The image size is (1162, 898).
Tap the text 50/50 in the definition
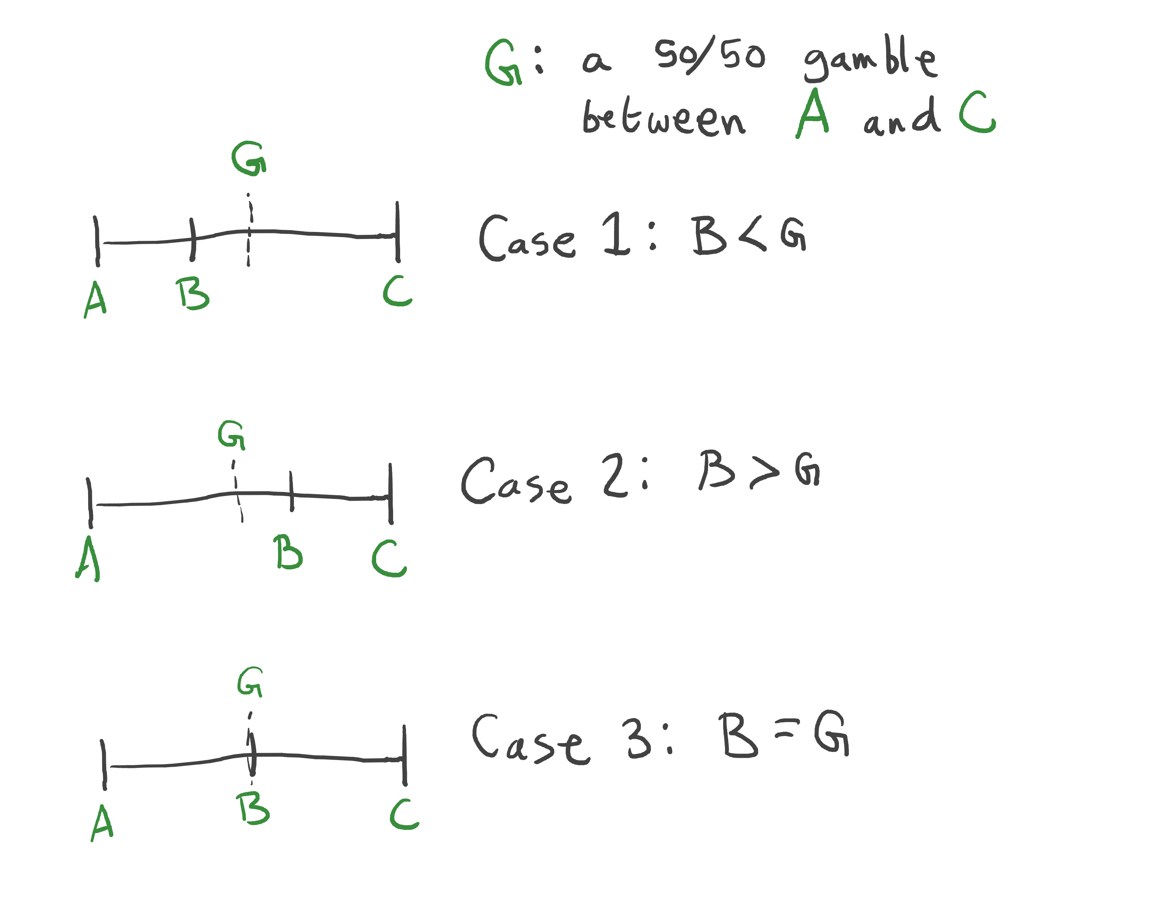[x=710, y=56]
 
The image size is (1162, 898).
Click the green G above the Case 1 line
[x=249, y=159]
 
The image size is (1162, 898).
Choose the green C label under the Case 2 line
[x=389, y=559]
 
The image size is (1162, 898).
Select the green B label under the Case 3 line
[x=253, y=809]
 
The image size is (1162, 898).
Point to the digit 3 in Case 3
[x=638, y=737]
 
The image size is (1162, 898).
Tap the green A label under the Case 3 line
[x=102, y=823]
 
